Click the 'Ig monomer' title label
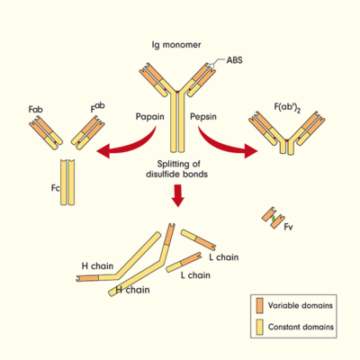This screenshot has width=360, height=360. (178, 44)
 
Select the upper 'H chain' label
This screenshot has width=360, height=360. (96, 265)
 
